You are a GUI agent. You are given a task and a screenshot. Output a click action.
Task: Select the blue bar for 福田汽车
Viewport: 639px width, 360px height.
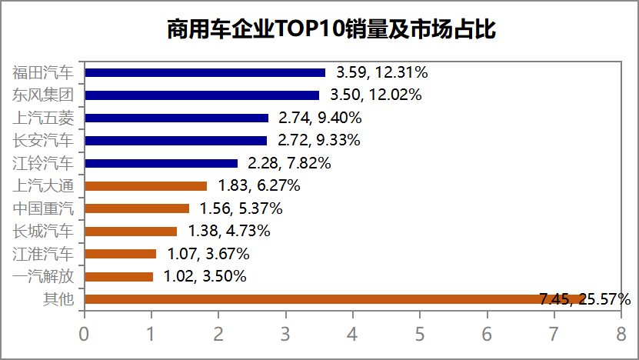(x=205, y=73)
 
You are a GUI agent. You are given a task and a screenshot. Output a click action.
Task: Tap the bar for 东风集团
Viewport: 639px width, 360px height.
(x=201, y=95)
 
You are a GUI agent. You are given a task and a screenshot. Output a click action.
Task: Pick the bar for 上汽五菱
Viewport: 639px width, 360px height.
(x=176, y=118)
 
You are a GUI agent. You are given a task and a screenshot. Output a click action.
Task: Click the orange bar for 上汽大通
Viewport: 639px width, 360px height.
(x=145, y=185)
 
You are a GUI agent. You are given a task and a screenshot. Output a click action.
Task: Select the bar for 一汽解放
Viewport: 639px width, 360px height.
(x=118, y=276)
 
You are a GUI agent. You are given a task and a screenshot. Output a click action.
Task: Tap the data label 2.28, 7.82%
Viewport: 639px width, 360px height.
(x=288, y=163)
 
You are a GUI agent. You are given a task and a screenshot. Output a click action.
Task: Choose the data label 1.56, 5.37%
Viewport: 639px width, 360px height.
(x=241, y=208)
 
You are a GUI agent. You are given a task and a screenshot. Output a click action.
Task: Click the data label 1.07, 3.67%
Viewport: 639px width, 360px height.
(x=208, y=254)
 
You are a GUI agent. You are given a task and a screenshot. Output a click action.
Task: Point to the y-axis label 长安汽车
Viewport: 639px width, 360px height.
(x=44, y=141)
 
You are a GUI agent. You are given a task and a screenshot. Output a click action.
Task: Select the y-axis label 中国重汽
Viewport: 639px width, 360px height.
(x=44, y=208)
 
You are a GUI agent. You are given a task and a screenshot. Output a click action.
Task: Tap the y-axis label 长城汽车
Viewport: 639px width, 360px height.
(x=44, y=231)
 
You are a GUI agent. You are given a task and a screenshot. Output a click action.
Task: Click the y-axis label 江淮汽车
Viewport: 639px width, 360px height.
(x=44, y=254)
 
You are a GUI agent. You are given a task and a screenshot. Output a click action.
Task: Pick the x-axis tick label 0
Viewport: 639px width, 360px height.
(x=84, y=334)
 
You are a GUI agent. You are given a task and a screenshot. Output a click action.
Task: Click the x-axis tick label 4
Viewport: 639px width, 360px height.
(x=352, y=334)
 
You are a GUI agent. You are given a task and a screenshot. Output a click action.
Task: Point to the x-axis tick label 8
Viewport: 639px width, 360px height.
(x=621, y=334)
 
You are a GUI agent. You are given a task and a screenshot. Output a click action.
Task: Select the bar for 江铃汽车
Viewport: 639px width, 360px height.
(x=161, y=163)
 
